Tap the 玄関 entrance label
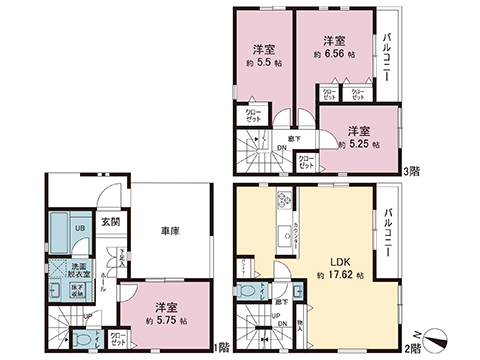coord(110,222)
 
